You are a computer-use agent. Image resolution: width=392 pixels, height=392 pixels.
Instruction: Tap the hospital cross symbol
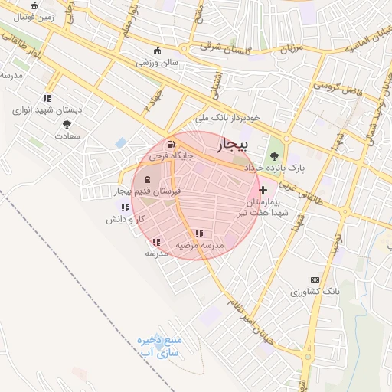point(263,190)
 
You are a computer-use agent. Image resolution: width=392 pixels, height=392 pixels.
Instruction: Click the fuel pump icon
point(169,144)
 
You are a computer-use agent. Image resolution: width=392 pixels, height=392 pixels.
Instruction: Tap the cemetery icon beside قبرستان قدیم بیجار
point(147,178)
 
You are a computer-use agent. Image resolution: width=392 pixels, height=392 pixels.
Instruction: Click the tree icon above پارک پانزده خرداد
point(274,155)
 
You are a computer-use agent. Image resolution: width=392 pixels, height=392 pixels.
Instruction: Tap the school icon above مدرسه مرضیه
point(199,234)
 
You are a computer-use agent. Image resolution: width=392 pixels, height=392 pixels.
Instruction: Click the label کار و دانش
point(126,219)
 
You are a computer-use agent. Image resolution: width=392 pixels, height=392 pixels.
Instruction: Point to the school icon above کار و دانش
point(125,207)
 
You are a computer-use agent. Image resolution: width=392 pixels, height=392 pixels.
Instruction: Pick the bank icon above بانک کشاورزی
point(314,280)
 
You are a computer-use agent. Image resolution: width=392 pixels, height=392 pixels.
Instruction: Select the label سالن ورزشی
point(157,62)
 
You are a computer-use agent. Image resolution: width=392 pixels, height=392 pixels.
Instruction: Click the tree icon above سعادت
point(67,124)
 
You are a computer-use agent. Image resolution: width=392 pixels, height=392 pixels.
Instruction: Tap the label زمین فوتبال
point(34,15)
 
